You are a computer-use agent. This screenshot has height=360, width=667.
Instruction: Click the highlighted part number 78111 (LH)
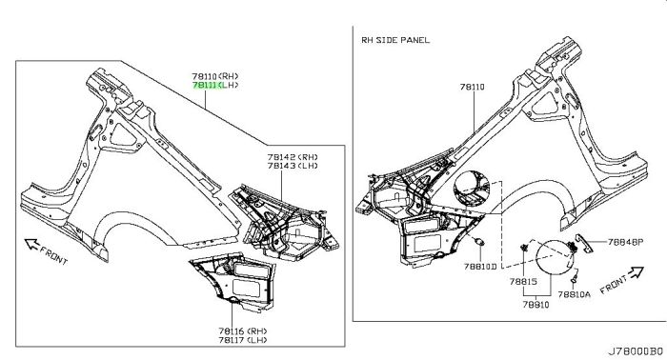point(215,85)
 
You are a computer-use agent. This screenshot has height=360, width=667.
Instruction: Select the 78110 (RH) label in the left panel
point(215,76)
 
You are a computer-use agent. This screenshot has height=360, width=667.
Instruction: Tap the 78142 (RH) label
point(293,157)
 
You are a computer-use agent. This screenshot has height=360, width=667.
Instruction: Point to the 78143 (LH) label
point(293,166)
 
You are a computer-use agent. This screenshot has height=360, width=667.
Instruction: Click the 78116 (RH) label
point(243,330)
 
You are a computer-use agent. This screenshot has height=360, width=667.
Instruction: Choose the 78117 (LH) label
point(243,340)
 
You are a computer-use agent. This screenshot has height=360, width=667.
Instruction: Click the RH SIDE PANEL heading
point(395,40)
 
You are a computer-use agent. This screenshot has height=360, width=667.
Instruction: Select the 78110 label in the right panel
point(473,87)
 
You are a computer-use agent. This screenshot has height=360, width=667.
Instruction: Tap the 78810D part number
point(480,267)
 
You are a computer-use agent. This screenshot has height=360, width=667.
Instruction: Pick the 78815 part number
point(523,281)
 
